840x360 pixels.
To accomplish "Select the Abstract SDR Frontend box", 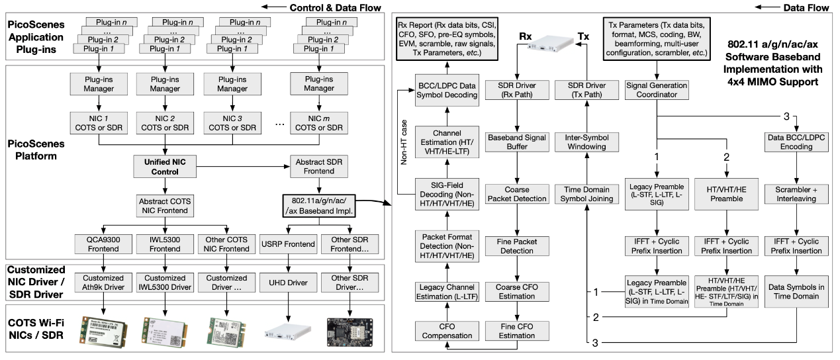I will click(322, 166).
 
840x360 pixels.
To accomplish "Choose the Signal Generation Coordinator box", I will click(657, 90).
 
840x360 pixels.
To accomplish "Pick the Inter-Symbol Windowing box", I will click(586, 142).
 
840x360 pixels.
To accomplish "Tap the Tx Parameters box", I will click(657, 40).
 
